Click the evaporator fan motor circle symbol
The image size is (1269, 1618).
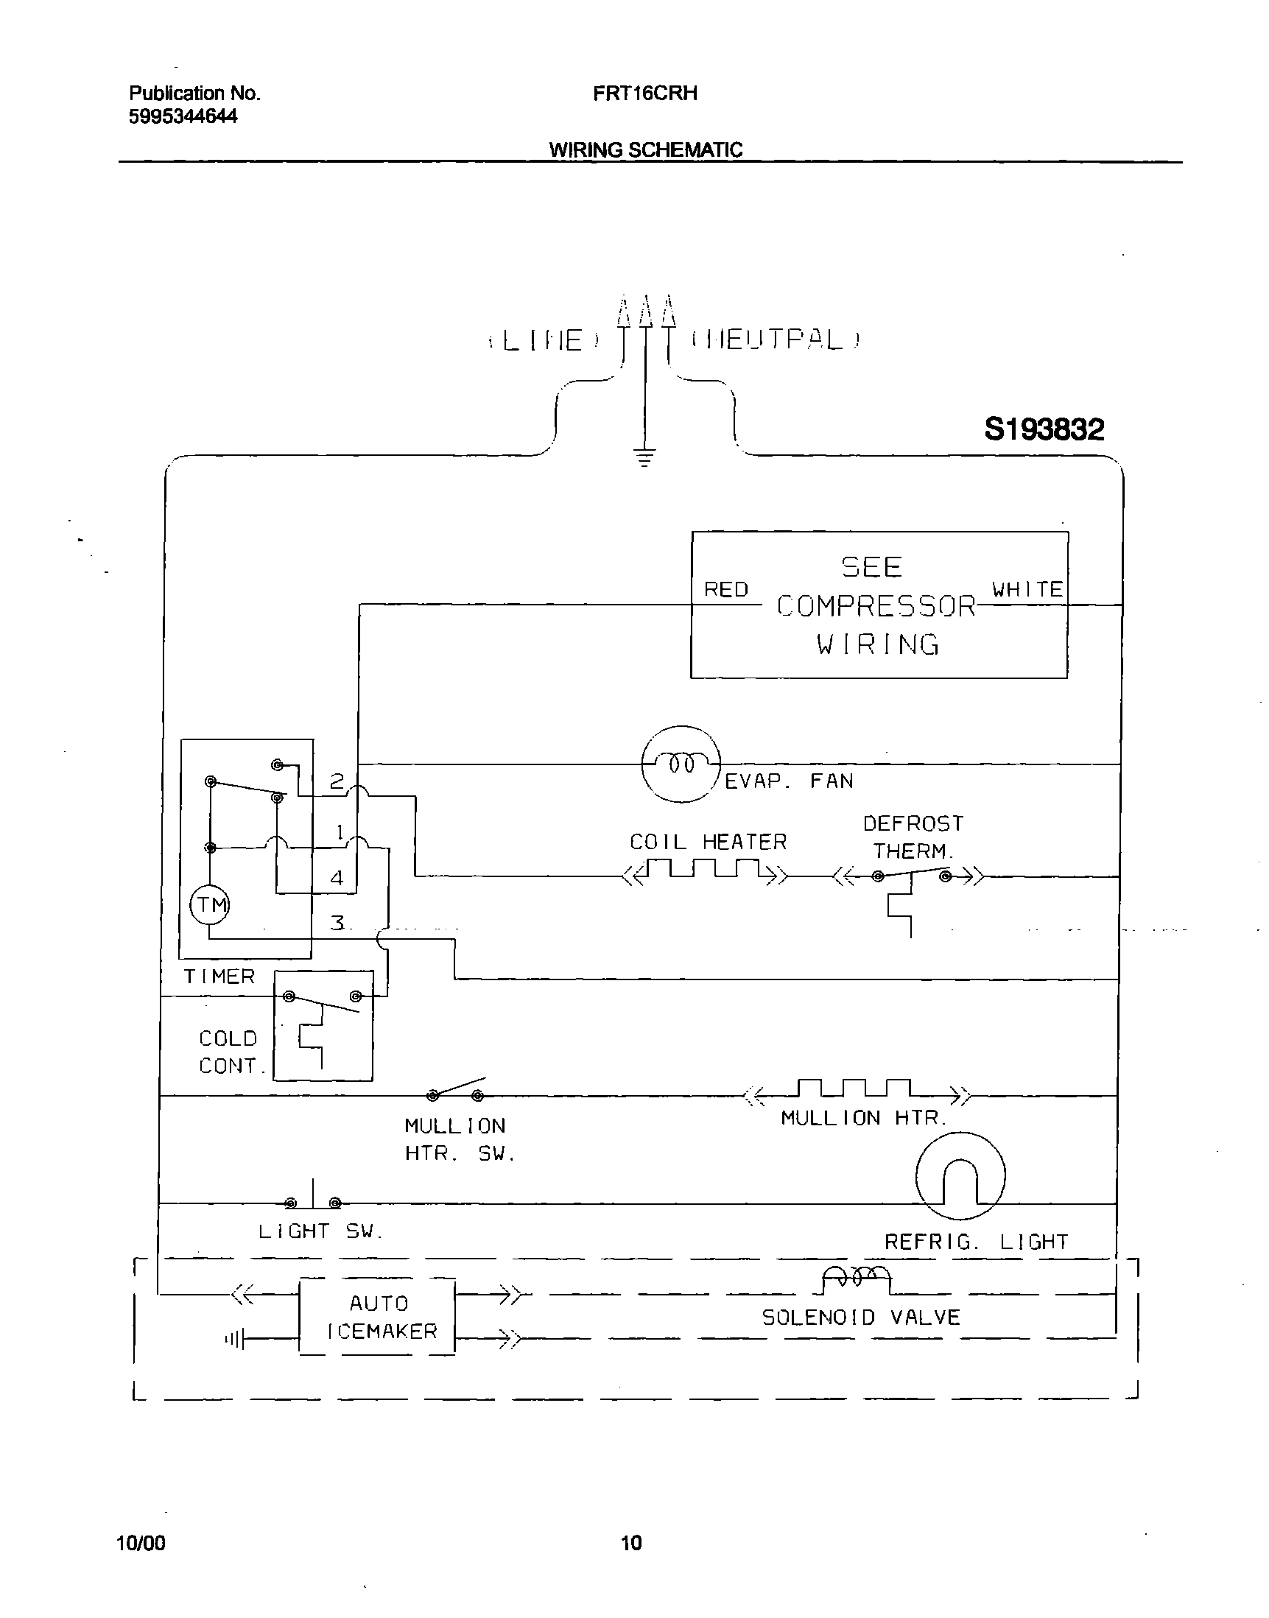pos(681,764)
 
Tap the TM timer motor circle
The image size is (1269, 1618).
pos(210,905)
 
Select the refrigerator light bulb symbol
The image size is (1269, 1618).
pos(960,1176)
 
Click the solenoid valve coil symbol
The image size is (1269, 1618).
pos(857,1276)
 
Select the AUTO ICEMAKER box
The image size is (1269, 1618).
pos(377,1317)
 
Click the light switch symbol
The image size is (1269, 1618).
pos(313,1200)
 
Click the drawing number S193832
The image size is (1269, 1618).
pos(1044,429)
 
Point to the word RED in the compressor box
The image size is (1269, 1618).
pos(726,589)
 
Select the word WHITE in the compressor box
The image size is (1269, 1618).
pos(1027,589)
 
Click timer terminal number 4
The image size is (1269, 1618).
pos(337,878)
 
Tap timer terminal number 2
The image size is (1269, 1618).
pos(337,781)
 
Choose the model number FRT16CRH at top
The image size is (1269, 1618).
pos(645,94)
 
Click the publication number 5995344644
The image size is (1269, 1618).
pos(183,116)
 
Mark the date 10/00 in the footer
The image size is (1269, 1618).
pos(141,1543)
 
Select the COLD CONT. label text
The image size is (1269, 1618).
pos(228,1052)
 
